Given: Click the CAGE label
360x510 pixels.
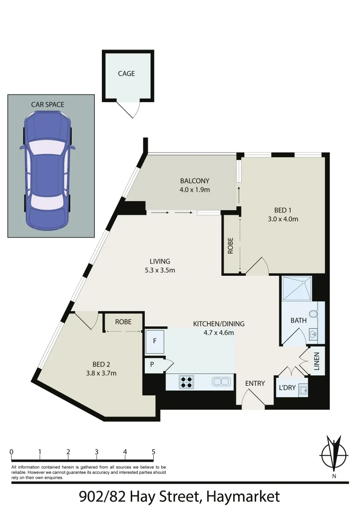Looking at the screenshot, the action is coord(126,74).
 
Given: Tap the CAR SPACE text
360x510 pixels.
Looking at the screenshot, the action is coord(48,104).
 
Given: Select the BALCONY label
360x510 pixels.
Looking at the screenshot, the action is coord(194,181).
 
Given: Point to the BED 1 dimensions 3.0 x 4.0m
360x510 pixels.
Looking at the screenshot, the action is coord(283,219).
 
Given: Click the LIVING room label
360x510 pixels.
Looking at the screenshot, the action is coord(160,261).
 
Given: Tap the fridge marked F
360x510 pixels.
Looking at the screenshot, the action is coord(155,341).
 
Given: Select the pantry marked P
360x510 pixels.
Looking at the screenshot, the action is coord(152,365).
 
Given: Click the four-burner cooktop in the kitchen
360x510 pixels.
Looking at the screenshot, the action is coord(187,382).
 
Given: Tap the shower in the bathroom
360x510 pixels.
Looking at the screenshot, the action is coord(297,289).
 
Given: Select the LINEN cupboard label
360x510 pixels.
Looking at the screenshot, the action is coord(317,361).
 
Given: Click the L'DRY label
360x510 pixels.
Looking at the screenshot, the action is coord(287,388).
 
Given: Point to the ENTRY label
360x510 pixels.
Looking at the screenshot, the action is coord(255,383).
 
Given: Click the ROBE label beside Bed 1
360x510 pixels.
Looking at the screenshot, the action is coord(230,246).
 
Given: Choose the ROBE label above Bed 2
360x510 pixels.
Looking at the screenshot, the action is coord(123,322).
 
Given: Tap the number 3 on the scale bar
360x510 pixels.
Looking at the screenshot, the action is coord(97,452).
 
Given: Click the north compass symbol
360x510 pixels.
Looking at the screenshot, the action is coord(334,454).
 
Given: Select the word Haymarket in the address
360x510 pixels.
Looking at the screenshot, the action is coord(243,497).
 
